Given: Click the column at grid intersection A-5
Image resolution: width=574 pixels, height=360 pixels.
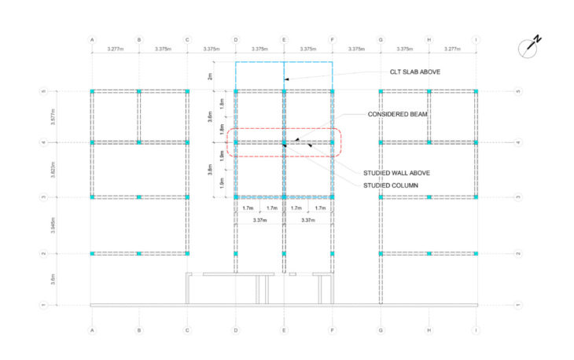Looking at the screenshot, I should pos(92,92).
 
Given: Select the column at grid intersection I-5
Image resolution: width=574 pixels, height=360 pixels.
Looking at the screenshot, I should pos(476,92).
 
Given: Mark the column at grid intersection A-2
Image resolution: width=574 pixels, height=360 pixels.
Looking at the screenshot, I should pos(92,254).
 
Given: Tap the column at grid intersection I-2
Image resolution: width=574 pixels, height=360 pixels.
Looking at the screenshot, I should pos(476,254).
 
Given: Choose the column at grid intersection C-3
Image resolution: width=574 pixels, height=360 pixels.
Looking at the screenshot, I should pos(188,197).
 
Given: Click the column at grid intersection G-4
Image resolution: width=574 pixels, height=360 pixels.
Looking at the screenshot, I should pos(381,143).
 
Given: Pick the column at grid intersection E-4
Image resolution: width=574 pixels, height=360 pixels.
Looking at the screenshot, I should pos(284,143).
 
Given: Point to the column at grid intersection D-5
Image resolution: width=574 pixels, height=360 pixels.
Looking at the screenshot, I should pos(236,92).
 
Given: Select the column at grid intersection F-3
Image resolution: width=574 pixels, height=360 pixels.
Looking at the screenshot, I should pos(332,197).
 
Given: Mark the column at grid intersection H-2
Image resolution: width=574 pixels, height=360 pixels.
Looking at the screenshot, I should pos(429,254).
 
